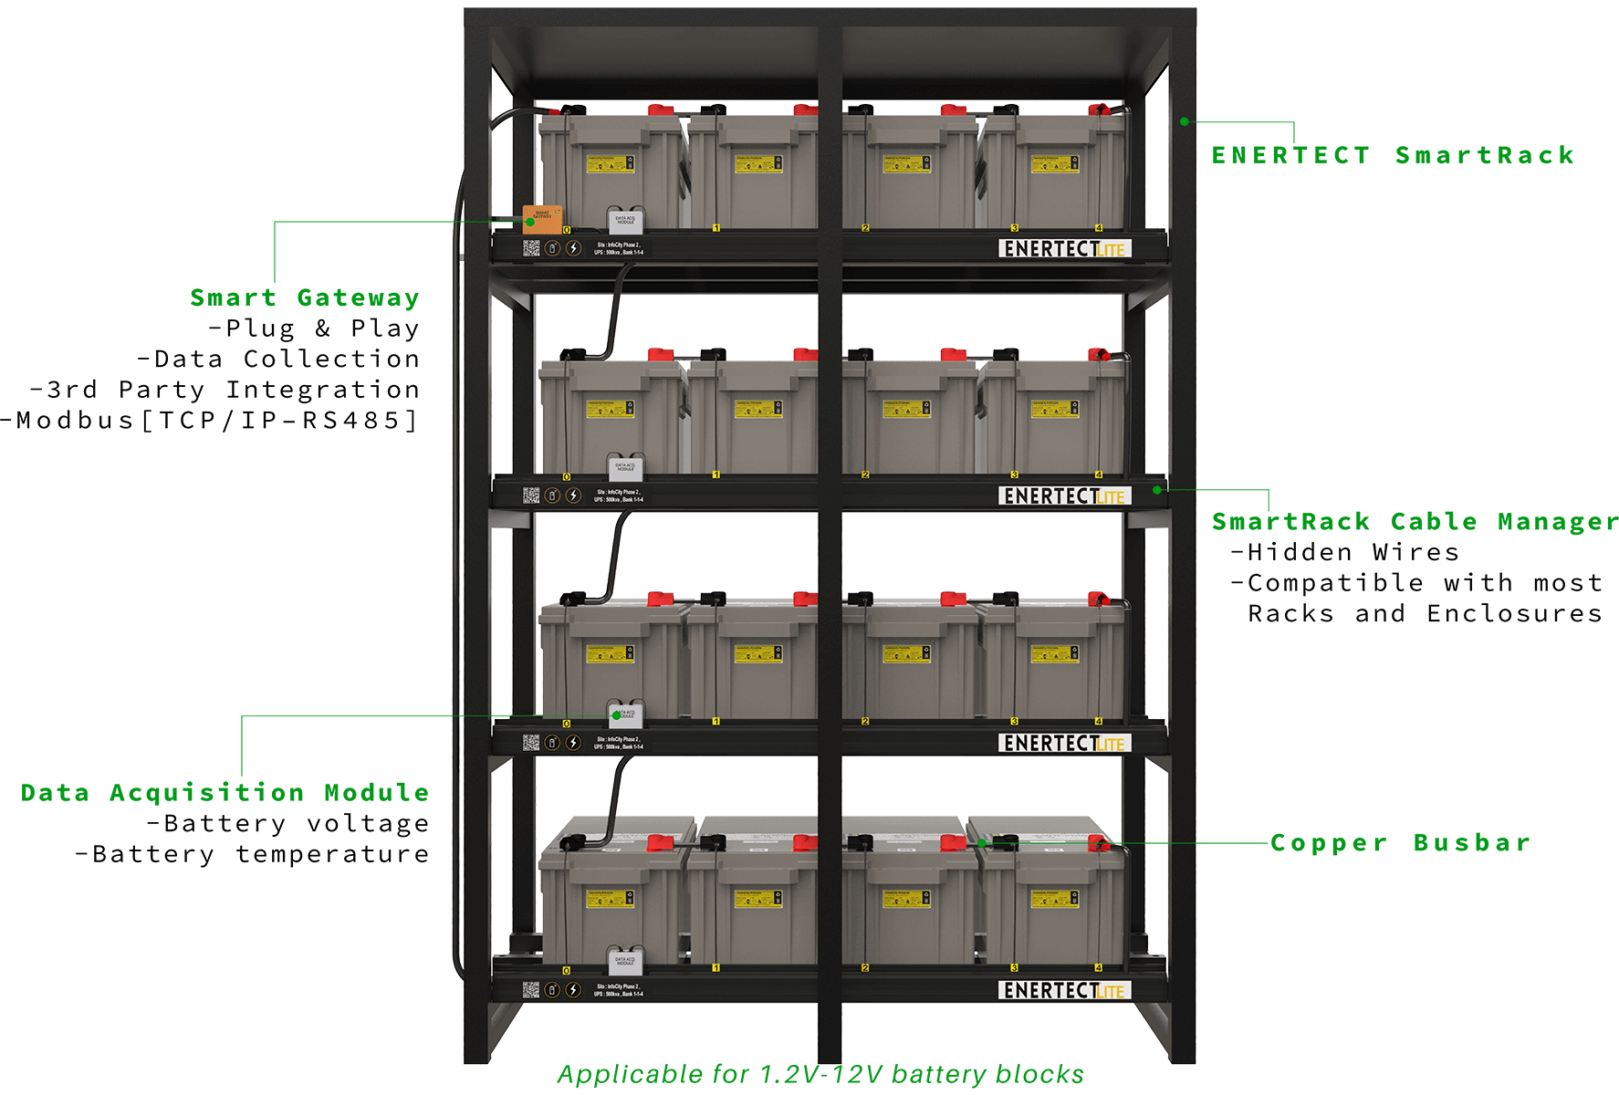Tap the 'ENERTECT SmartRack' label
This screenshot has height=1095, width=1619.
1393,155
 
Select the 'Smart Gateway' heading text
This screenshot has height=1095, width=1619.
305,297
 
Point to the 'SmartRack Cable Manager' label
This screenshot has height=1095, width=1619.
1413,522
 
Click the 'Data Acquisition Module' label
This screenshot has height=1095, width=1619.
225,792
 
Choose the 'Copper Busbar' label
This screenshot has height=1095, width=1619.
1400,842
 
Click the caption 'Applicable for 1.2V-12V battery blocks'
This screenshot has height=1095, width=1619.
820,1074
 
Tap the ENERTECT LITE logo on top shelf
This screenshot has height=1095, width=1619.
1064,249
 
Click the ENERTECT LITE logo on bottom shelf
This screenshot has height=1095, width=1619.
1064,991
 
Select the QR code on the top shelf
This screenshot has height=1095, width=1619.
531,247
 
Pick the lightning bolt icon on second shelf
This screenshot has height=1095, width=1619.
573,495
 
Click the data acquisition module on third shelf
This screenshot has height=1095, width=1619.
626,714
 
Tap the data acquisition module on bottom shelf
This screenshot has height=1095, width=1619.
626,961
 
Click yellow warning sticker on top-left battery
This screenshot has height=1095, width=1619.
610,164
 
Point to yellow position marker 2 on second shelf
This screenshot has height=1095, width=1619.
865,475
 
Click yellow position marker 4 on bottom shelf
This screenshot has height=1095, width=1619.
1099,968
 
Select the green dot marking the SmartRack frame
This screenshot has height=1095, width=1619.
1184,120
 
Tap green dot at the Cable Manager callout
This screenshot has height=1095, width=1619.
1156,490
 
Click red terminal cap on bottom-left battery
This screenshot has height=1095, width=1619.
659,843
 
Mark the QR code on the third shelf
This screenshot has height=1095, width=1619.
531,743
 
